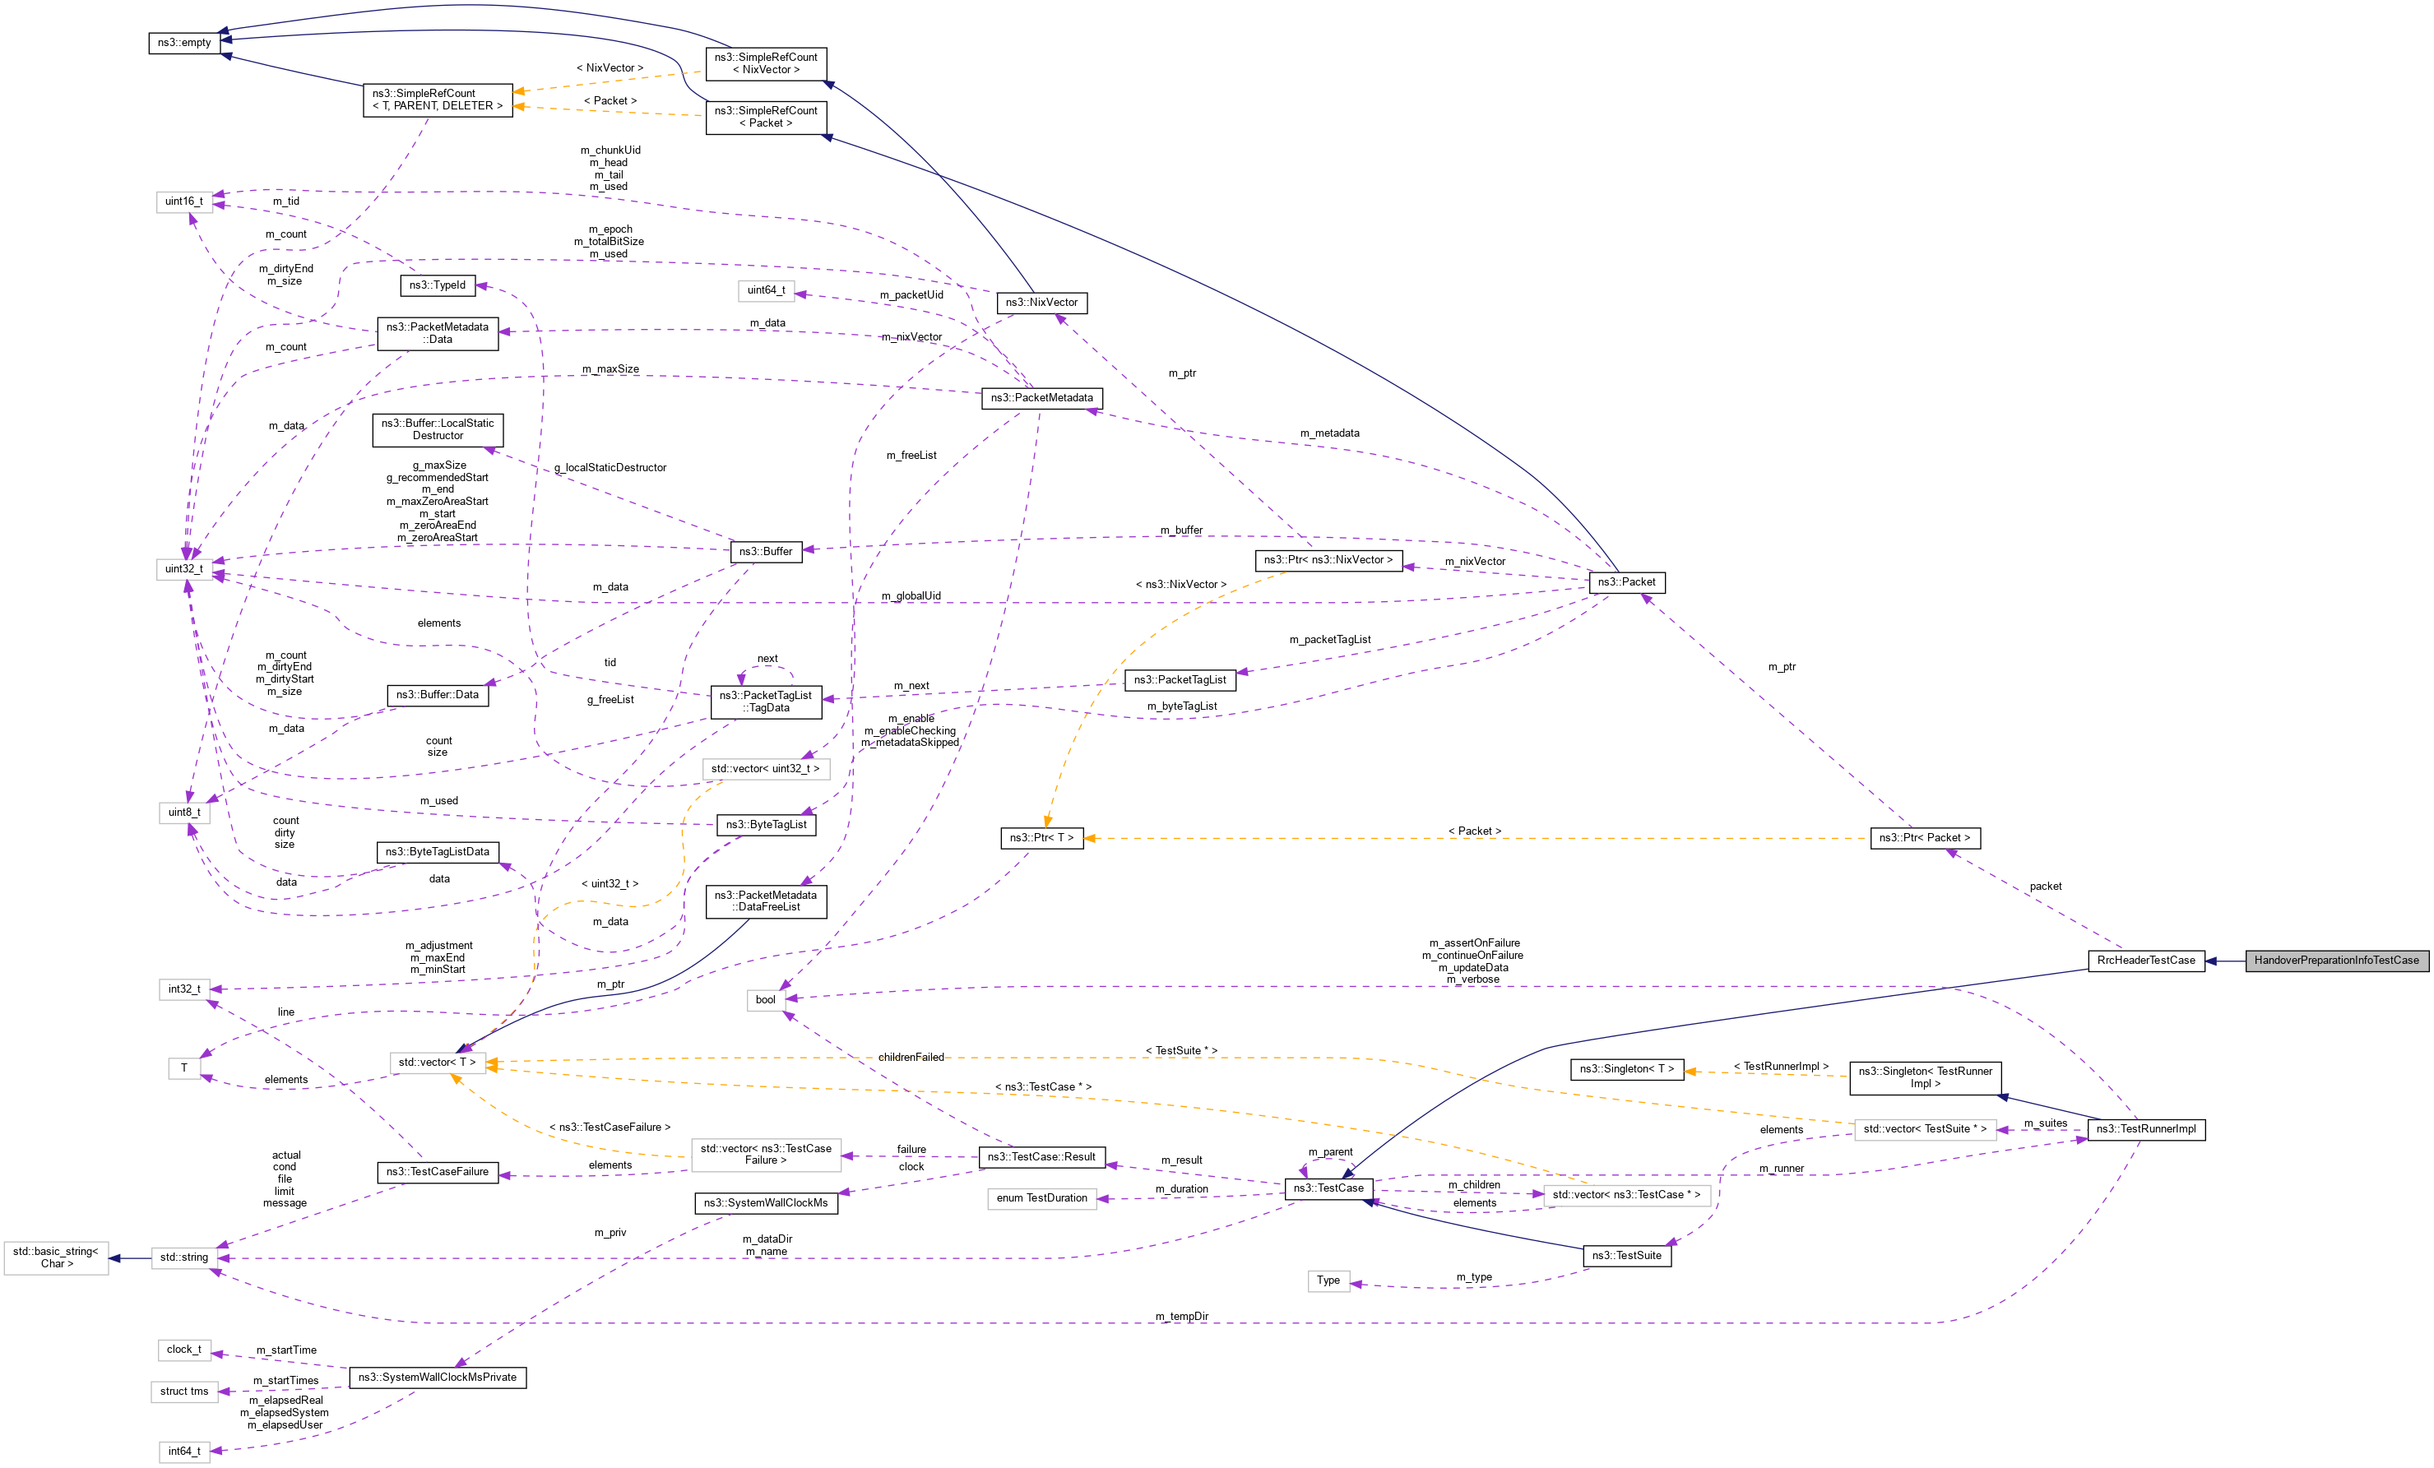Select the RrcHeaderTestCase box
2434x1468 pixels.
click(x=2145, y=961)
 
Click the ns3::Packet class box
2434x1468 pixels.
click(x=1626, y=582)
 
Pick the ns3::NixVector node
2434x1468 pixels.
click(x=1041, y=303)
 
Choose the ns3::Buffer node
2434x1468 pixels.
click(x=766, y=551)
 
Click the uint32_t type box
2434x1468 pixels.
click(x=183, y=569)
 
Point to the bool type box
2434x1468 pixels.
click(x=766, y=1000)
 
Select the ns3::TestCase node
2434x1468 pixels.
click(x=1328, y=1188)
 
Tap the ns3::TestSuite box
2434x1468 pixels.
click(x=1626, y=1256)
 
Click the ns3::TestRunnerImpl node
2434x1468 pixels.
click(x=2145, y=1129)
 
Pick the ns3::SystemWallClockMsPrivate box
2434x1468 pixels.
click(x=437, y=1377)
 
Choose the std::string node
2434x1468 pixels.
click(x=183, y=1257)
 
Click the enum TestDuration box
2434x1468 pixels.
click(x=1041, y=1198)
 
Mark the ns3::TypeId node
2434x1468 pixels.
click(x=437, y=285)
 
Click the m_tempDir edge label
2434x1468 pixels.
click(x=1181, y=1317)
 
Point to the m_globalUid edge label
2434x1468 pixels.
click(x=911, y=595)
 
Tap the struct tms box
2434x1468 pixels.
click(x=183, y=1391)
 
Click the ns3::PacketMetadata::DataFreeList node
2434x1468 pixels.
click(x=766, y=901)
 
